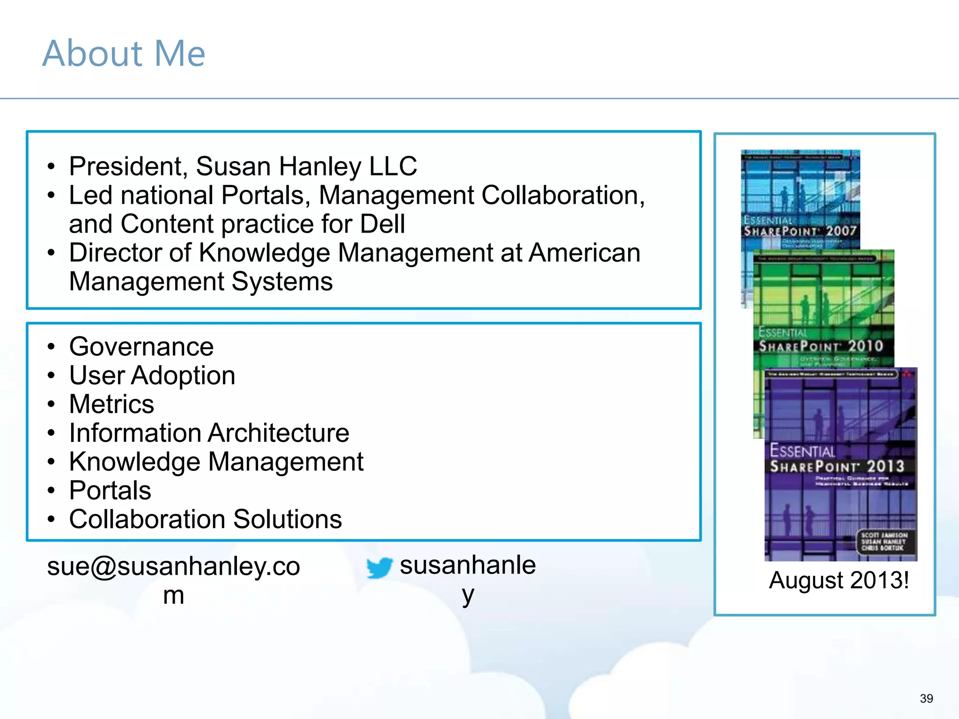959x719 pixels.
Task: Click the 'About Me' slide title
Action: [x=124, y=53]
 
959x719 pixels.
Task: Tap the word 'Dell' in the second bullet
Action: [x=382, y=224]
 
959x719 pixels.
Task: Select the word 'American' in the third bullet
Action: [x=584, y=253]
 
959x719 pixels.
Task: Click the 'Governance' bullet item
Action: [x=141, y=347]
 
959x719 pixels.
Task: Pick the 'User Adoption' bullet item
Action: [x=152, y=376]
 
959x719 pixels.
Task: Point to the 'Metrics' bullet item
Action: [x=111, y=404]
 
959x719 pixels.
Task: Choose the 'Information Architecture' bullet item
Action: [x=209, y=433]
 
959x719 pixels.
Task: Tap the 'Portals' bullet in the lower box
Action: [x=110, y=491]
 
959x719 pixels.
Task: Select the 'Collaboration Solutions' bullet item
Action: [x=206, y=520]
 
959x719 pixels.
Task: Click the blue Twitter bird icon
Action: [x=379, y=567]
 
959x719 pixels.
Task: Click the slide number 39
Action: [x=926, y=698]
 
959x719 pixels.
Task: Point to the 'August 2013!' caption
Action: [x=839, y=580]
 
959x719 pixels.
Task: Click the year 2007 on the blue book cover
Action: [x=841, y=231]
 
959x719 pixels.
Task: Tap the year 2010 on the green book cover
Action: [x=865, y=346]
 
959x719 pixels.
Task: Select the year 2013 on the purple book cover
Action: [x=885, y=466]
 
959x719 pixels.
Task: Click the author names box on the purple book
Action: [x=884, y=542]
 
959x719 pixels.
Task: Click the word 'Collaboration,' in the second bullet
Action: [x=563, y=196]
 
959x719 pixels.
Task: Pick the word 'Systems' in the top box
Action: [x=282, y=282]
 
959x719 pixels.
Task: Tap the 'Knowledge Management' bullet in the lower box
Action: [x=216, y=462]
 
